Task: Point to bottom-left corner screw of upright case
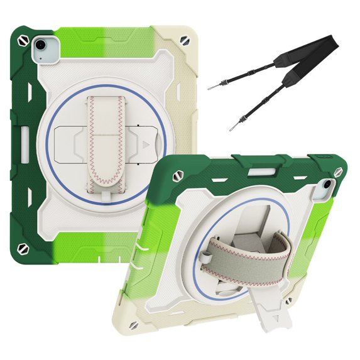[x=23, y=248]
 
